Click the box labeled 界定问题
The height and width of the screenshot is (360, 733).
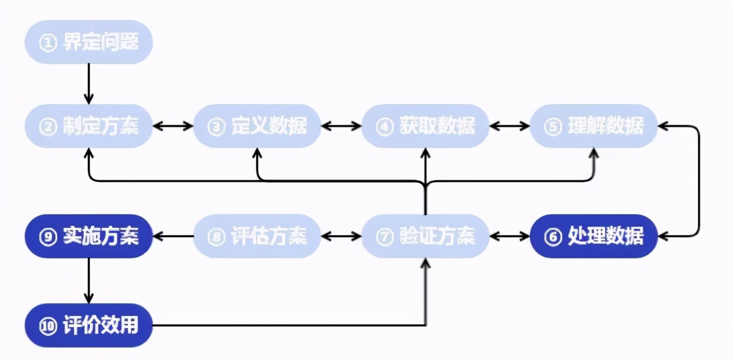point(89,43)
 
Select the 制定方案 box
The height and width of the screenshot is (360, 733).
point(89,126)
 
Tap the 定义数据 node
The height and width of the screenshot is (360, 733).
point(257,126)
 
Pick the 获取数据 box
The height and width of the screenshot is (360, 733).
point(425,126)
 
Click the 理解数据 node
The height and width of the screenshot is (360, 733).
point(594,126)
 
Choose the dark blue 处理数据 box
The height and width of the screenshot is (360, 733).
point(594,236)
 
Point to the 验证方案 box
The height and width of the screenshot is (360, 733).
point(425,236)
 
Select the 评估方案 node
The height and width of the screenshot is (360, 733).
point(257,236)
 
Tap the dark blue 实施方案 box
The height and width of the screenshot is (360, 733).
point(89,236)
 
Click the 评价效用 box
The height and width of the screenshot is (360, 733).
point(89,325)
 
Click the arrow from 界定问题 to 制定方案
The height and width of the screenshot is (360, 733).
point(89,84)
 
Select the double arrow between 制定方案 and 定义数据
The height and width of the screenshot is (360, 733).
point(173,126)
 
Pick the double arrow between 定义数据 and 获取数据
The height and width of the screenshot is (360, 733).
point(341,126)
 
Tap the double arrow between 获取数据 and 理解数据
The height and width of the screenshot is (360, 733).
point(509,126)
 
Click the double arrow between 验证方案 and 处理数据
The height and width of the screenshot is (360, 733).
point(509,236)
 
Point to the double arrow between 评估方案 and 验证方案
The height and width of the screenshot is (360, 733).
point(341,236)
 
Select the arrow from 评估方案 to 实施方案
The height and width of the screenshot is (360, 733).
point(173,236)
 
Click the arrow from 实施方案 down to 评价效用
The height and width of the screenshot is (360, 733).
point(89,281)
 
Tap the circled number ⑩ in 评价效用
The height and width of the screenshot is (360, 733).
point(49,326)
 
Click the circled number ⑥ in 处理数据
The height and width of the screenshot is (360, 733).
point(553,237)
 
